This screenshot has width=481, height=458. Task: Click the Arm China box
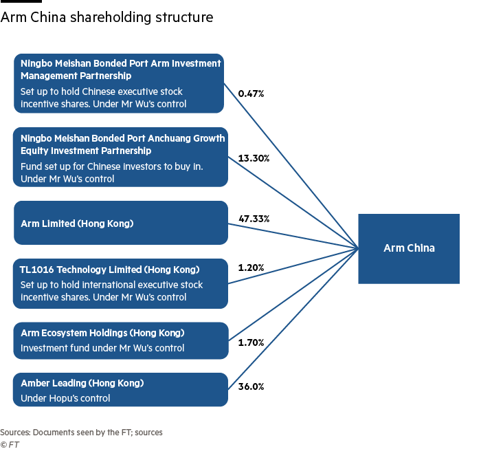pos(409,248)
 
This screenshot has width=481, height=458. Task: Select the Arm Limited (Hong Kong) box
pos(120,223)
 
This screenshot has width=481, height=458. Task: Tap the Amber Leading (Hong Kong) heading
pos(82,383)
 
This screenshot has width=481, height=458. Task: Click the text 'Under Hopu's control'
pos(65,398)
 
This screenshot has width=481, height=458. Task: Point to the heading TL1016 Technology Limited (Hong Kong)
pos(110,270)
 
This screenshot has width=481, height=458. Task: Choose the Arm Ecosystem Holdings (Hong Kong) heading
pos(102,333)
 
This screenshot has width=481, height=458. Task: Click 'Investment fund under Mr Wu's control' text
pos(102,348)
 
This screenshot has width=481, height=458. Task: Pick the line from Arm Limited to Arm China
pos(292,235)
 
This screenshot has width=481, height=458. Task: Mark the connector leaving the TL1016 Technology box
pos(292,265)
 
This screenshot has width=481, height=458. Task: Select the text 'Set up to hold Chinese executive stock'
pos(102,91)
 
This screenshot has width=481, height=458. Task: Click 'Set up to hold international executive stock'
pos(111,285)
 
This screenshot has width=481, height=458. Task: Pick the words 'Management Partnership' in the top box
pos(76,76)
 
